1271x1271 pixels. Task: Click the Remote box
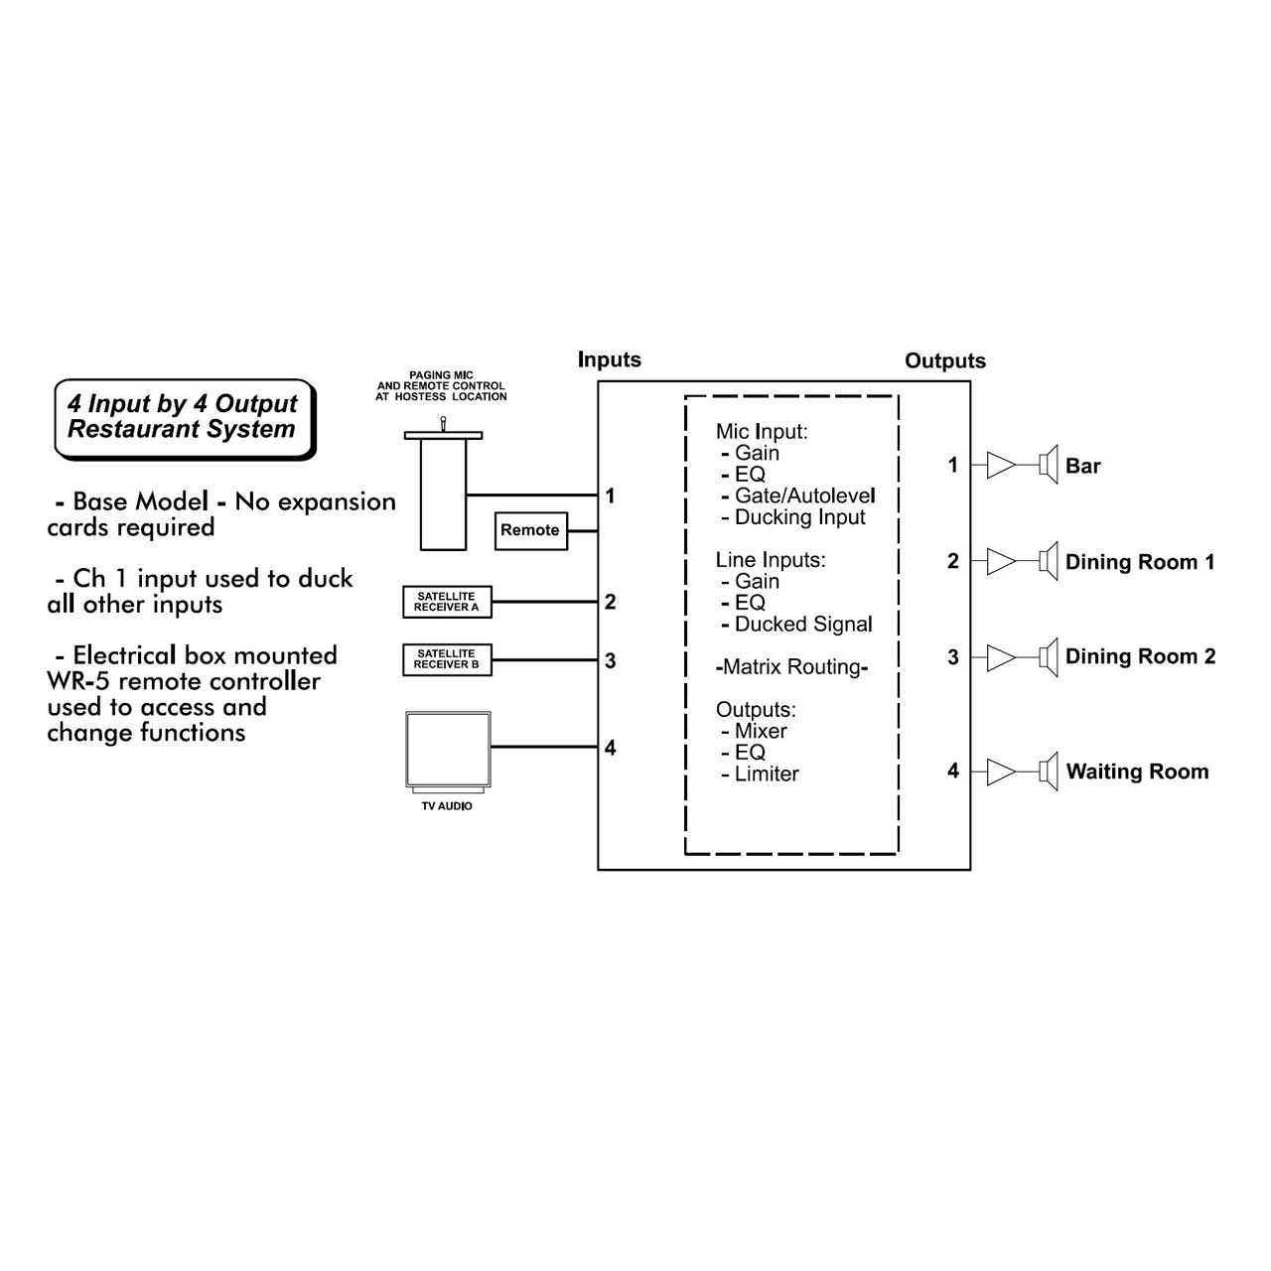(x=530, y=530)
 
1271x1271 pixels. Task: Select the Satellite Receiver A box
(x=447, y=602)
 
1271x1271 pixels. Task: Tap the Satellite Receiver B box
(x=447, y=659)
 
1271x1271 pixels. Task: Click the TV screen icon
(x=448, y=752)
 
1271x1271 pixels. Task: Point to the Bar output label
(x=1082, y=466)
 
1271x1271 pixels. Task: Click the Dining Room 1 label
(x=1139, y=562)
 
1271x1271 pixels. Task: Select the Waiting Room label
(x=1137, y=772)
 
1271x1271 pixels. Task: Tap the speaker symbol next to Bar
(x=1048, y=465)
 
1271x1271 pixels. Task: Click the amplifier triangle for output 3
(x=1001, y=657)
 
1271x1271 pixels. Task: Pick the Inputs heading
(x=609, y=359)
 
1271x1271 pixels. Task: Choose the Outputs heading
(x=944, y=360)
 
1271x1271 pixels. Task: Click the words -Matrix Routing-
(x=790, y=667)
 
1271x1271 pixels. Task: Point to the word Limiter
(x=767, y=774)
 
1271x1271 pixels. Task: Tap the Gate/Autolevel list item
(x=804, y=495)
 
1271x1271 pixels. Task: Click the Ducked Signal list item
(x=803, y=624)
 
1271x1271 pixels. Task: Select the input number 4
(x=610, y=748)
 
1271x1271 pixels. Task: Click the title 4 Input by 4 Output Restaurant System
(x=183, y=416)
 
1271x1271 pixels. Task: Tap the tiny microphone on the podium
(x=443, y=423)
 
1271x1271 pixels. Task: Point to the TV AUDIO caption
(x=447, y=806)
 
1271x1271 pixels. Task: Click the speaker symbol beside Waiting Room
(x=1048, y=772)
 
